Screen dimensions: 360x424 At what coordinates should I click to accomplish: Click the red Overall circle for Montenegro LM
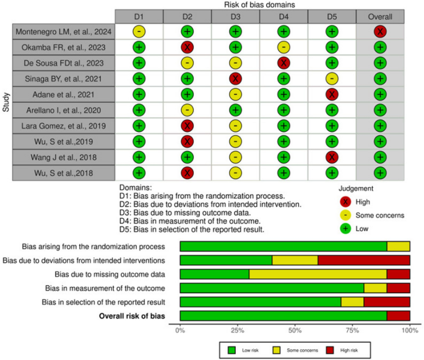[x=380, y=31]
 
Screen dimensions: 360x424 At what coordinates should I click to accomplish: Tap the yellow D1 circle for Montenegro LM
[x=139, y=31]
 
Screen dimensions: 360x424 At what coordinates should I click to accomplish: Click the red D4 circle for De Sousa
[x=284, y=63]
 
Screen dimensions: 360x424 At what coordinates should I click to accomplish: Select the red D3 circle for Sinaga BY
[x=236, y=79]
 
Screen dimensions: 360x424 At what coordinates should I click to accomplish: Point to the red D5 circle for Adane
[x=332, y=94]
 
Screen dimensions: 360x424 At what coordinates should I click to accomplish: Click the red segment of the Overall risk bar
[x=398, y=316]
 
